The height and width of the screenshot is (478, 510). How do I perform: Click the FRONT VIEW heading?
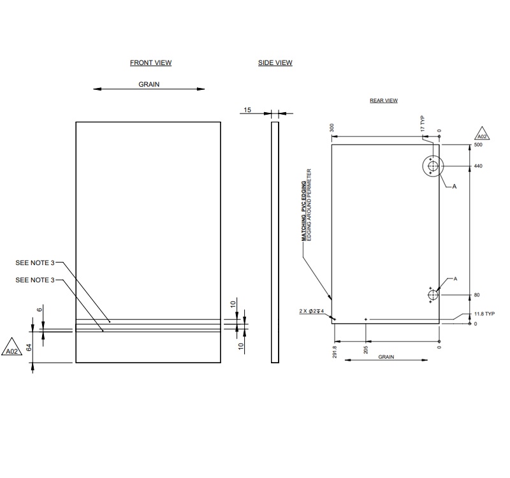(150, 62)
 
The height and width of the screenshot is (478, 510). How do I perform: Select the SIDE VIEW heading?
(275, 62)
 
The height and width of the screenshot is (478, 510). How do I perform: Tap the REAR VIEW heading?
(384, 101)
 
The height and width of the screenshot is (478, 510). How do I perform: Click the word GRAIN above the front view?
(149, 84)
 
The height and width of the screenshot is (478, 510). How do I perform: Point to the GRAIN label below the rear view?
(386, 357)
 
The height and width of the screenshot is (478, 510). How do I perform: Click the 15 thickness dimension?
(247, 110)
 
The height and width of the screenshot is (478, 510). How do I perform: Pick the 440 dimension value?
(478, 166)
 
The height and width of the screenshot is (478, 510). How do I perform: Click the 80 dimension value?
(476, 295)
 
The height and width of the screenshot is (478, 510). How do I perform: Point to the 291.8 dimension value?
(335, 351)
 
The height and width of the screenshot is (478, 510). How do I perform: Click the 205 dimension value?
(365, 349)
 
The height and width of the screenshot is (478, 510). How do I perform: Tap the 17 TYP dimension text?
(422, 124)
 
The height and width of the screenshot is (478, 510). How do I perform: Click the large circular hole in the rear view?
(433, 167)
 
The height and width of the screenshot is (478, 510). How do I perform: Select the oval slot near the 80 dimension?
(433, 295)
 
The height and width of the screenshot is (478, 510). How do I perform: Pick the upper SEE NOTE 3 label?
(35, 263)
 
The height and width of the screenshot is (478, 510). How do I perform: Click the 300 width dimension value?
(332, 127)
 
